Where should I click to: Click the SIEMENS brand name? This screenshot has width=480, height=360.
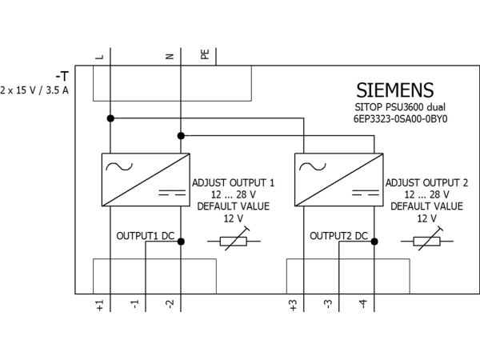pyautogui.click(x=395, y=90)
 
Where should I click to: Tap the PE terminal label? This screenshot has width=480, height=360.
pyautogui.click(x=205, y=54)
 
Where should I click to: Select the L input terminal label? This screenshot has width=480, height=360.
pyautogui.click(x=100, y=57)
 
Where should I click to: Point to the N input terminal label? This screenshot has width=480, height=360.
pyautogui.click(x=170, y=56)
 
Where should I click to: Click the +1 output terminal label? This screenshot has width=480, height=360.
pyautogui.click(x=100, y=306)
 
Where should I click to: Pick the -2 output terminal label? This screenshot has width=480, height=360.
pyautogui.click(x=170, y=304)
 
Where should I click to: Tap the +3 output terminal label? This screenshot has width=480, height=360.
pyautogui.click(x=294, y=306)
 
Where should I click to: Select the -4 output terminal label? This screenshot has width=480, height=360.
pyautogui.click(x=363, y=304)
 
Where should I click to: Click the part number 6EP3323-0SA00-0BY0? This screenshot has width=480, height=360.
pyautogui.click(x=401, y=118)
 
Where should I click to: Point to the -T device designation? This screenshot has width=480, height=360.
pyautogui.click(x=62, y=76)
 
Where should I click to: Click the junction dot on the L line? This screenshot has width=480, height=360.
pyautogui.click(x=110, y=118)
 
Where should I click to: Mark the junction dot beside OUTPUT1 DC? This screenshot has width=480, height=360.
pyautogui.click(x=181, y=242)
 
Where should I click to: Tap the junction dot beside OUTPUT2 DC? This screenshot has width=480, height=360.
pyautogui.click(x=374, y=242)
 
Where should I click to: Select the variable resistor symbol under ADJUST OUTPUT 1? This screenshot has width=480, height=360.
pyautogui.click(x=234, y=242)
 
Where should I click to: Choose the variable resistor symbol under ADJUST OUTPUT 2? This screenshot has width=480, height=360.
pyautogui.click(x=426, y=242)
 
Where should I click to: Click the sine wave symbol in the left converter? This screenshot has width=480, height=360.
pyautogui.click(x=119, y=166)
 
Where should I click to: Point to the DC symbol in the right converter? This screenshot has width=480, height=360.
pyautogui.click(x=366, y=193)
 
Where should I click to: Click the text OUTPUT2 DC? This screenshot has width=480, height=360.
pyautogui.click(x=338, y=236)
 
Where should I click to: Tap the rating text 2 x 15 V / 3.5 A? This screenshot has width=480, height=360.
pyautogui.click(x=34, y=90)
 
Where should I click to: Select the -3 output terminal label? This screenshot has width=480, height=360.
pyautogui.click(x=328, y=304)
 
